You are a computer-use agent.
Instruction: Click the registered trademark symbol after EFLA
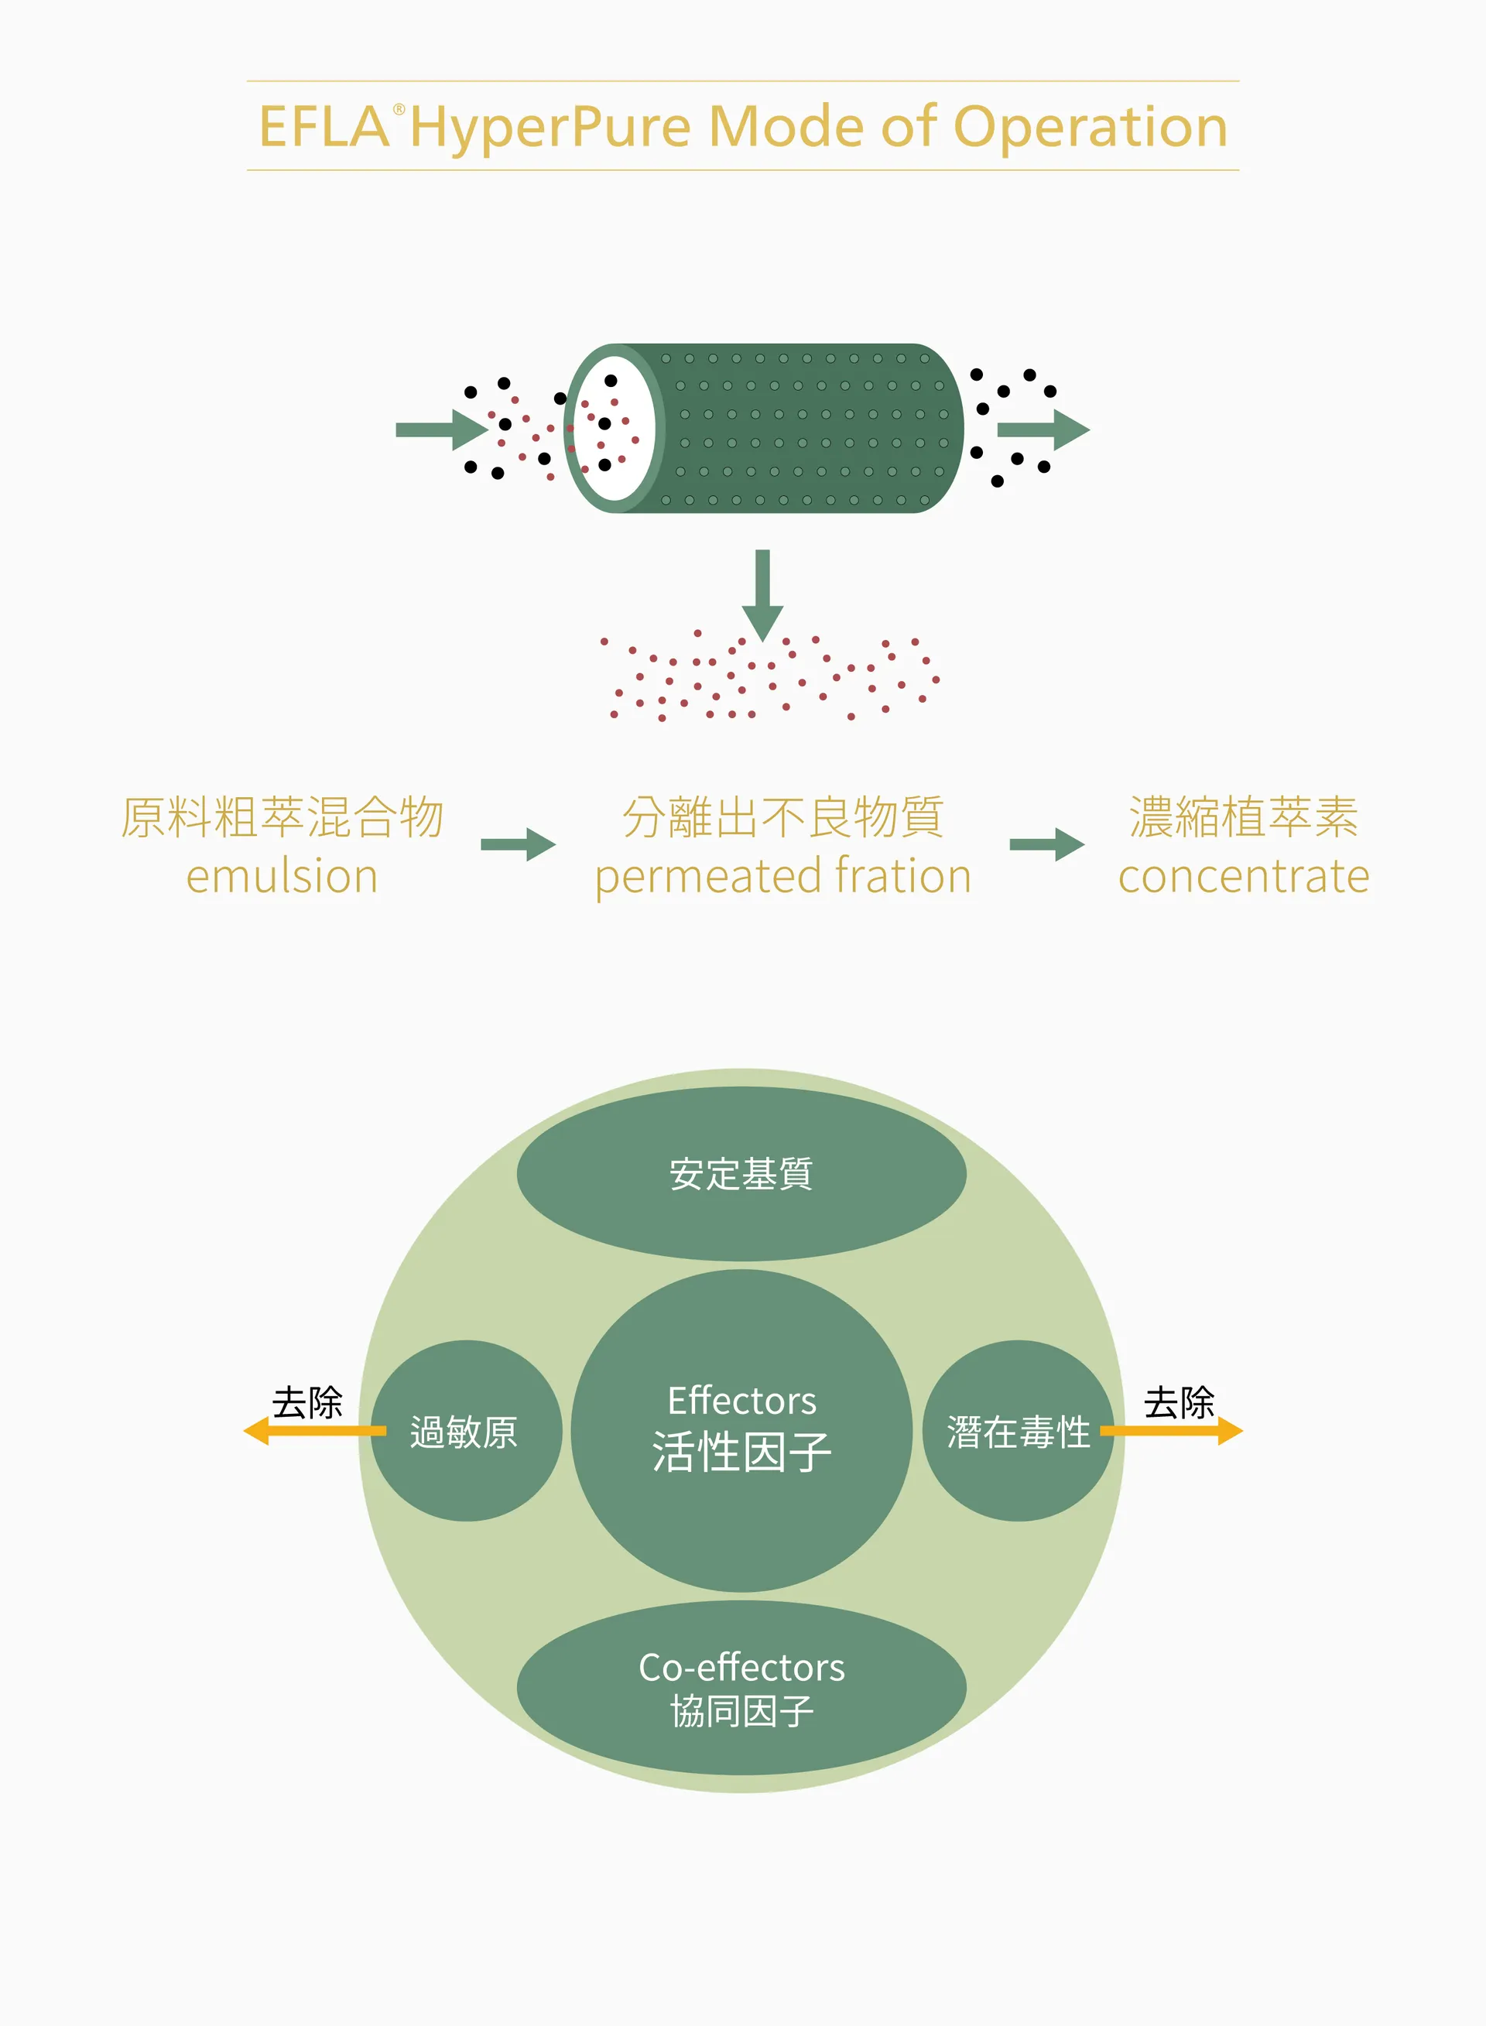(399, 110)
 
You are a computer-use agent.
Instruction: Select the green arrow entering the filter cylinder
(442, 429)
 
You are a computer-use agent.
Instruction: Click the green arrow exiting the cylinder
(1043, 429)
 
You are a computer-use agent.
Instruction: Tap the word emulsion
(282, 876)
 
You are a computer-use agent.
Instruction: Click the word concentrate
(1243, 877)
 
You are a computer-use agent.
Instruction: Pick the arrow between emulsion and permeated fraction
(518, 844)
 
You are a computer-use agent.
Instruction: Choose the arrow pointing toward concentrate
(1047, 844)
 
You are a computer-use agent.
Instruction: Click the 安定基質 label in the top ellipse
(741, 1173)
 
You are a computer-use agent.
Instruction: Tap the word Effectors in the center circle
(742, 1400)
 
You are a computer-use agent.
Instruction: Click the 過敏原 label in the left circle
(464, 1432)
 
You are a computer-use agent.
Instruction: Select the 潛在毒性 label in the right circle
(1019, 1432)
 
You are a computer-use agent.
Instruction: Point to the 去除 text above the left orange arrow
(307, 1402)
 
